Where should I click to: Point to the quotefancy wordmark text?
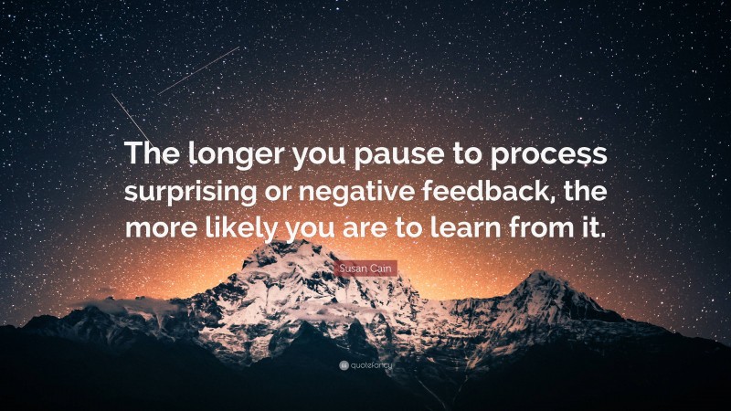(x=371, y=365)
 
